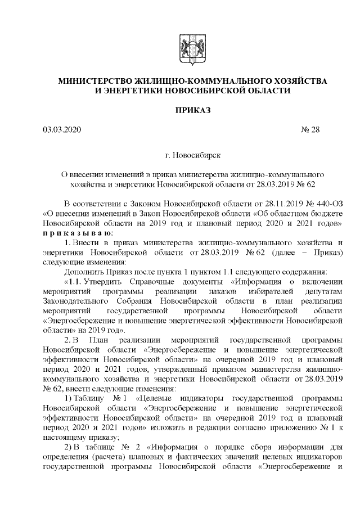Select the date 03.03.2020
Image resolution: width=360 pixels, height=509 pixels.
[62, 130]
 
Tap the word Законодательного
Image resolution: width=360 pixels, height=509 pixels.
[75, 301]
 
